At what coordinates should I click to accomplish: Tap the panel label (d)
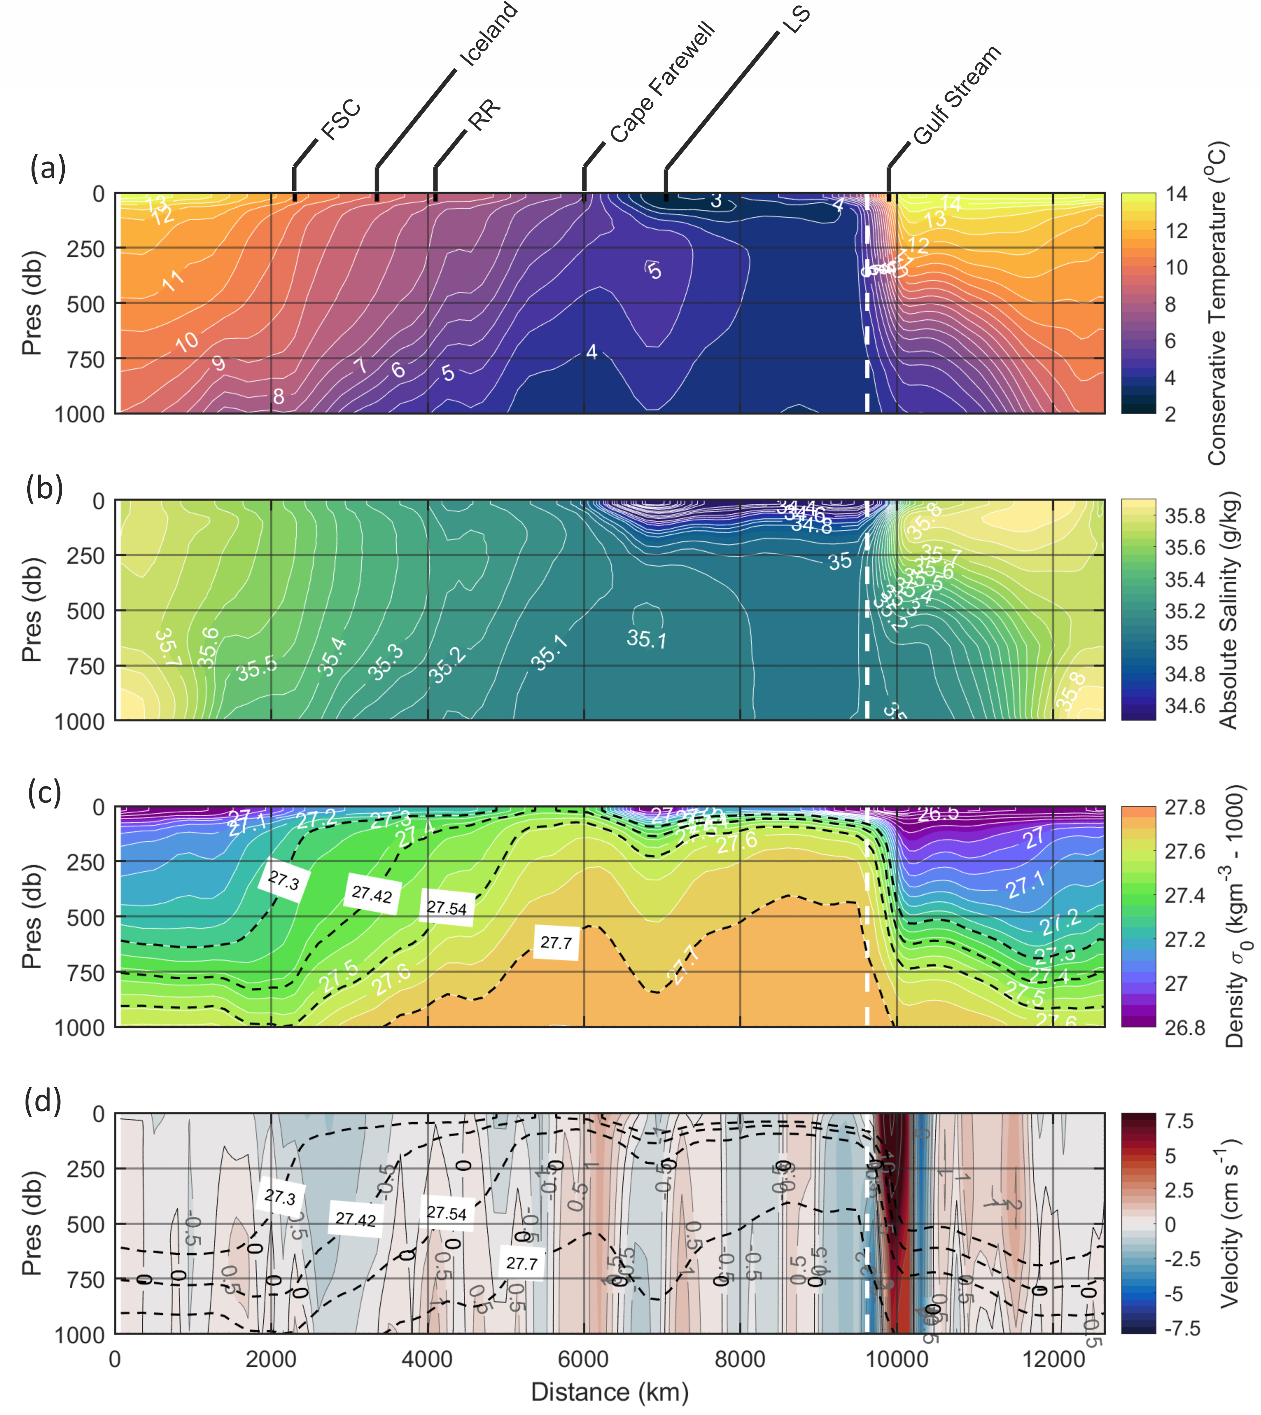43,1100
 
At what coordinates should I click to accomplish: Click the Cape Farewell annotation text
662,83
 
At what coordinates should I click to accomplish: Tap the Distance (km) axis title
610,1392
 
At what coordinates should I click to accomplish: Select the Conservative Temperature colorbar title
1217,303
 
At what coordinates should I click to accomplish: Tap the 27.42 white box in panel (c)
371,894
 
